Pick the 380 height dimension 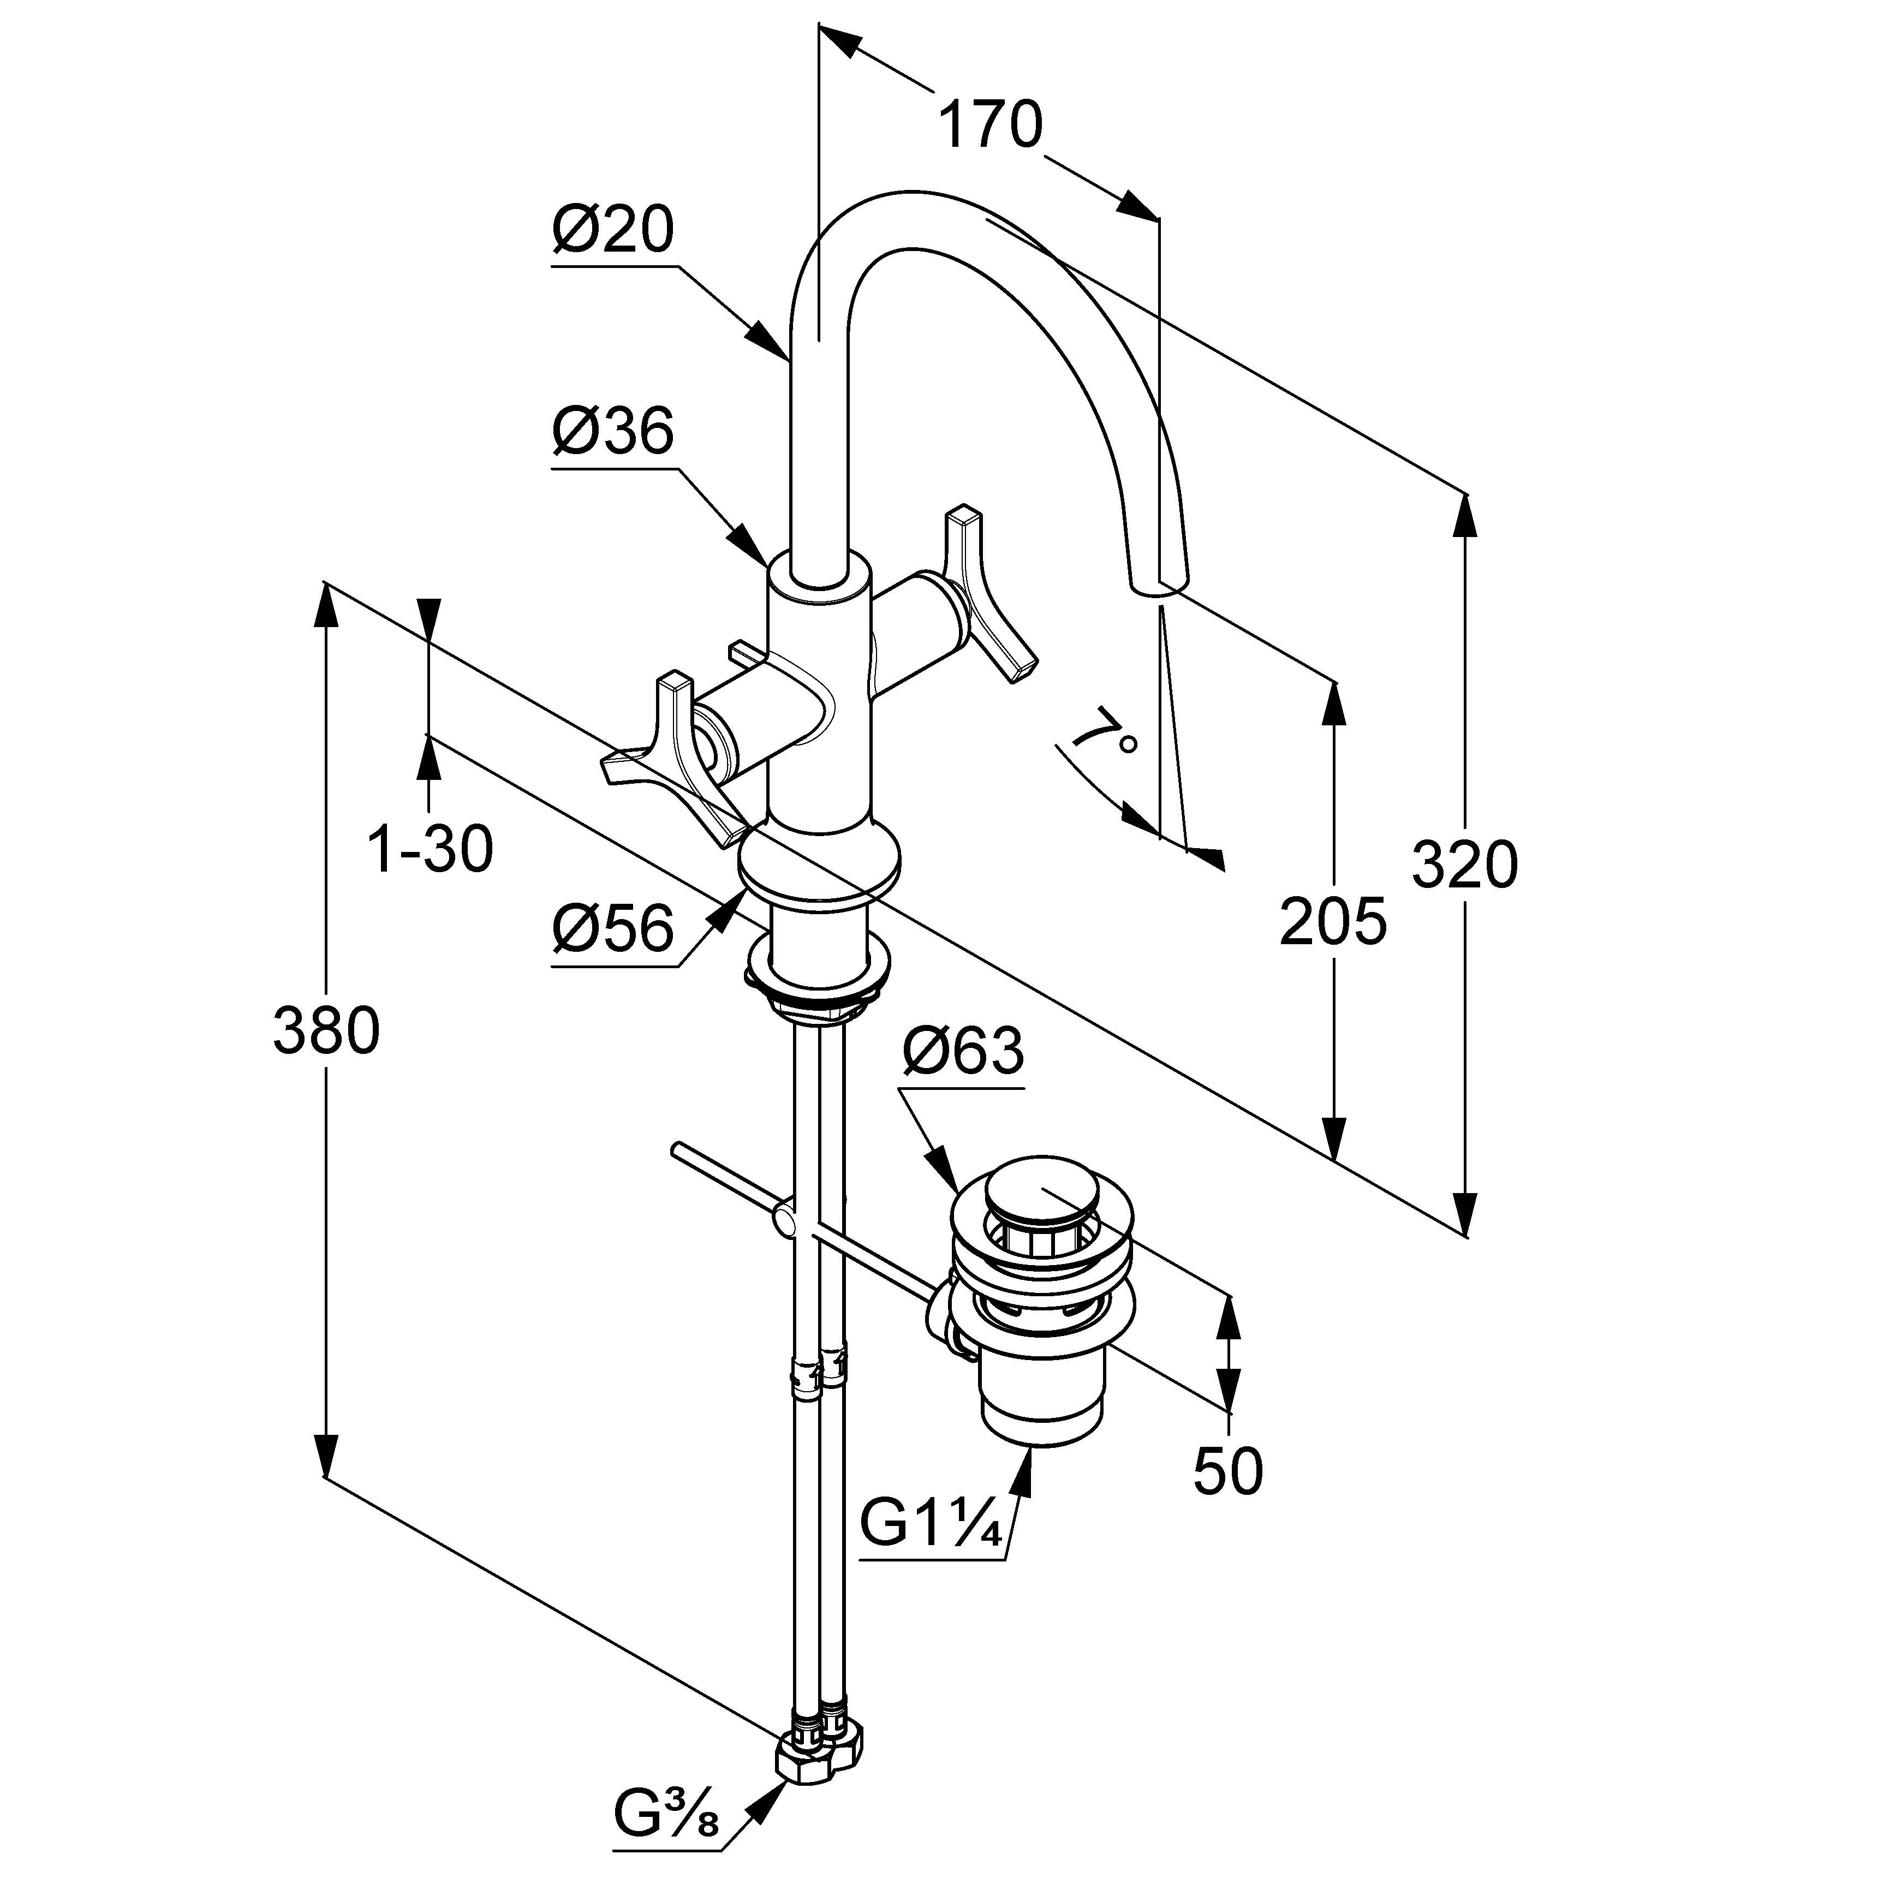pos(326,1032)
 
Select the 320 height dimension pos(1464,865)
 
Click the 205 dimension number pos(1333,921)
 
